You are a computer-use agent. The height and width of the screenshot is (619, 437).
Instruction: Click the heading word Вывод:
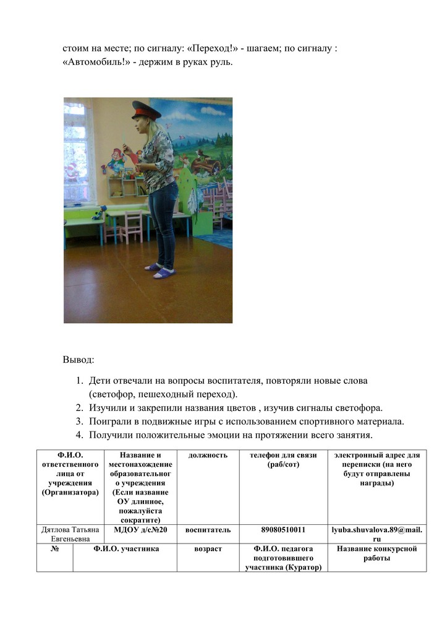[x=78, y=359]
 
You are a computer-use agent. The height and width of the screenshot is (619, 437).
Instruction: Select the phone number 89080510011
[x=283, y=530]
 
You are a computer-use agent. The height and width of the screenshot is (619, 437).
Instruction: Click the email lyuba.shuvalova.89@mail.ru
[x=377, y=534]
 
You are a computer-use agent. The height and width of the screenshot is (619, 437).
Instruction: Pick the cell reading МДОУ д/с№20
[x=142, y=530]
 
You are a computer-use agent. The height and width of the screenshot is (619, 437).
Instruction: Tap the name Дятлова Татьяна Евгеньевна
[x=69, y=534]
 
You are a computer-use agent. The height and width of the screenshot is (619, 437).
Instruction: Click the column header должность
[x=208, y=455]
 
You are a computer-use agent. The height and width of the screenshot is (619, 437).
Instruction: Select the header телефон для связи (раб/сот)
[x=283, y=459]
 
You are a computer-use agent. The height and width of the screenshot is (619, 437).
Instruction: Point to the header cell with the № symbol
[x=54, y=549]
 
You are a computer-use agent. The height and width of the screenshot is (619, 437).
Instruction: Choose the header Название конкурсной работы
[x=377, y=553]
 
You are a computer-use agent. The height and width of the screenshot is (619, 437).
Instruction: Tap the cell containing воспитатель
[x=208, y=530]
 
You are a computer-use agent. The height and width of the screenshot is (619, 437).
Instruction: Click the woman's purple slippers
[x=159, y=270]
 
